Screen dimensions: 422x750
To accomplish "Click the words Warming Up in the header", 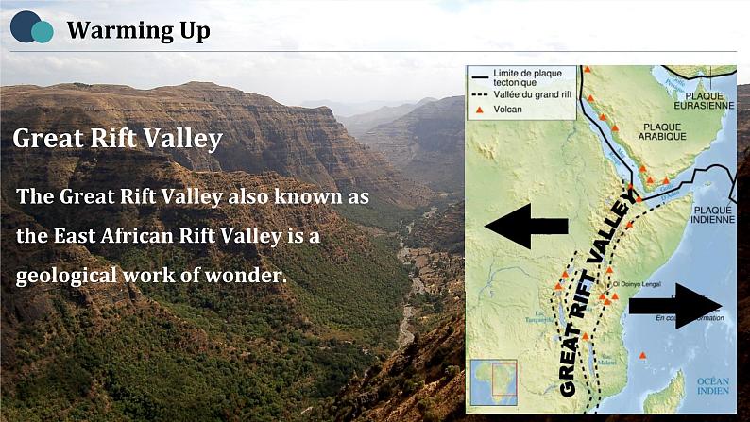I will click(x=138, y=31).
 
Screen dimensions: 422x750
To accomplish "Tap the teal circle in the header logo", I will click(x=43, y=32).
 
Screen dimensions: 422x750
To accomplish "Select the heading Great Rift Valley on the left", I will click(x=118, y=139).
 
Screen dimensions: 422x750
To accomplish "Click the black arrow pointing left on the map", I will click(x=525, y=226).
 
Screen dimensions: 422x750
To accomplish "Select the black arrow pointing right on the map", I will click(x=674, y=305).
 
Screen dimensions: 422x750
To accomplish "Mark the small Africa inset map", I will click(x=492, y=381).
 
